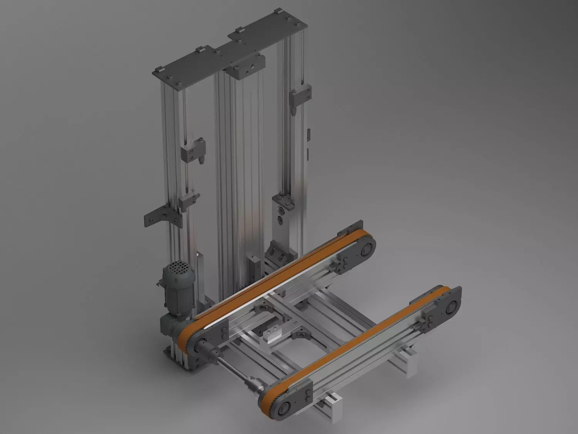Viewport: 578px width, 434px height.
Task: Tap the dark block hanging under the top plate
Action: (x=246, y=66)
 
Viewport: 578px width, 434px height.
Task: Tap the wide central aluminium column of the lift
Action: (x=235, y=174)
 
